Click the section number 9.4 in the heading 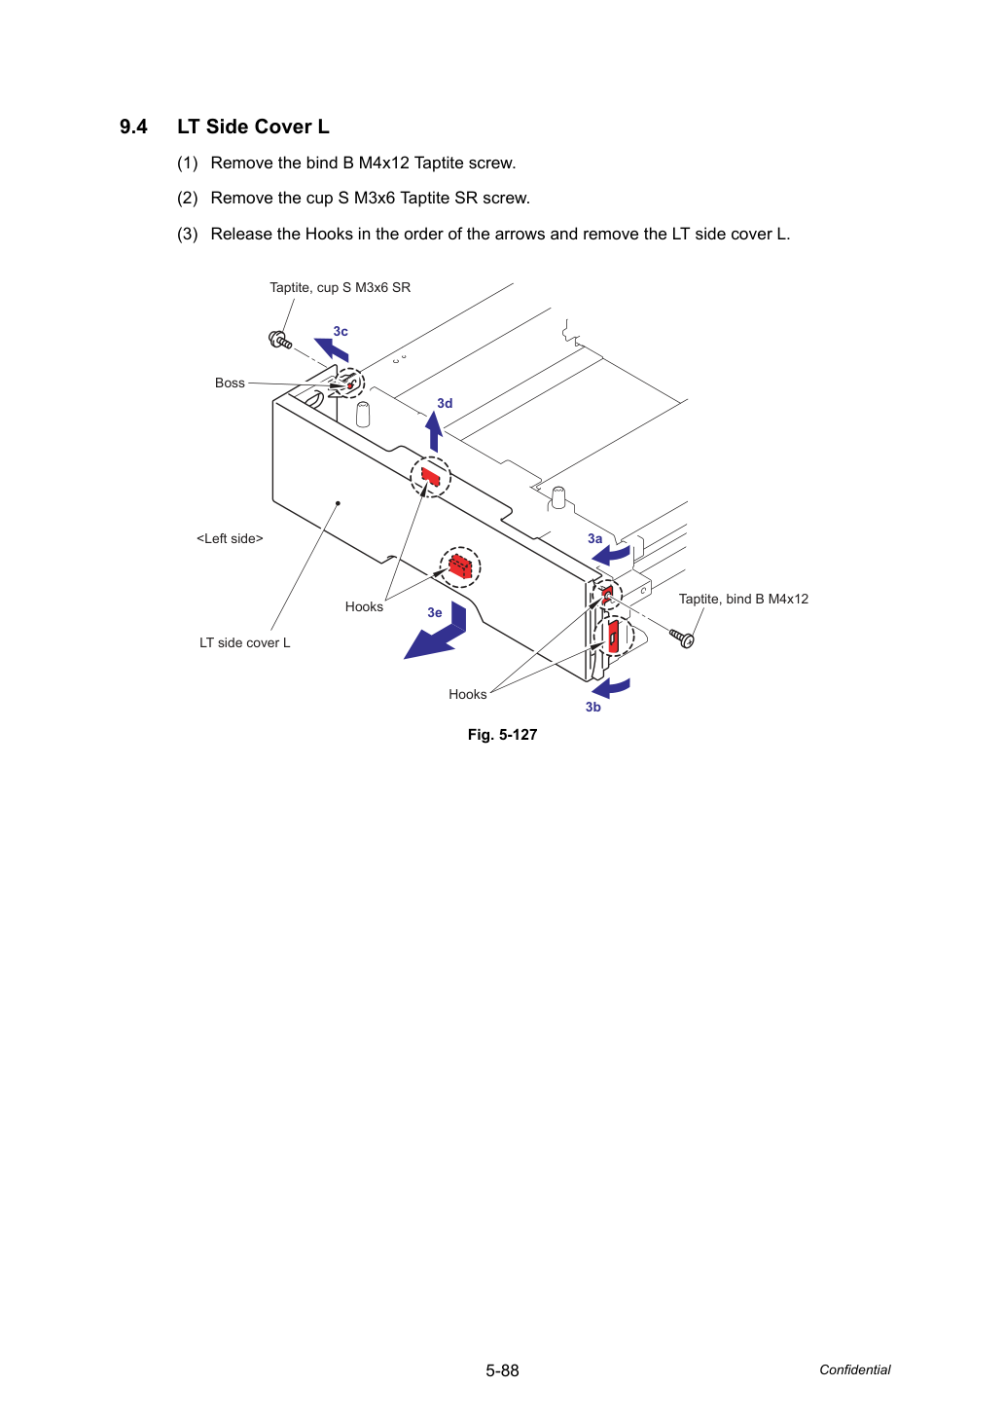[133, 128]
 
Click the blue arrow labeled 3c [332, 349]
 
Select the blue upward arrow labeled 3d [434, 431]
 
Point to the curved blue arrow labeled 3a [611, 555]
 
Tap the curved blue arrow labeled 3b [611, 688]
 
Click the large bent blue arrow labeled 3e [438, 635]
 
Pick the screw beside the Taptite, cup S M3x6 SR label [280, 340]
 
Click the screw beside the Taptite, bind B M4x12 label [682, 638]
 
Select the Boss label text [230, 383]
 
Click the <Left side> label [230, 538]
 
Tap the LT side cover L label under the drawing [245, 643]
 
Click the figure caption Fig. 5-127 [503, 735]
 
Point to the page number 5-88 [503, 1370]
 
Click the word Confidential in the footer [855, 1370]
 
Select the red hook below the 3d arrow [430, 476]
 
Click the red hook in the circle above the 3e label [460, 566]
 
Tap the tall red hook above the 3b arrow [613, 636]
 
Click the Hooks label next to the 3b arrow [468, 694]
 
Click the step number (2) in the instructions [188, 199]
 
